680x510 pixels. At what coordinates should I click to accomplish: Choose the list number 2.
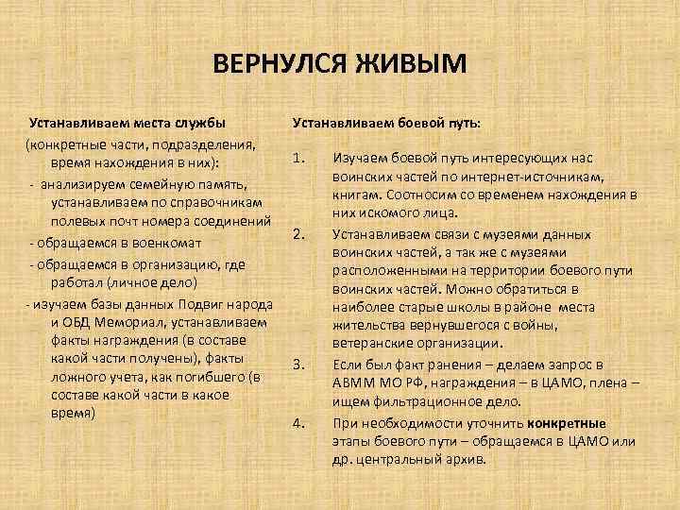[x=297, y=233]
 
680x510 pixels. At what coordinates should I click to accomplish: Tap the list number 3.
[x=297, y=364]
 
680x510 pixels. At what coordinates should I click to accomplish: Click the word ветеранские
[x=371, y=344]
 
